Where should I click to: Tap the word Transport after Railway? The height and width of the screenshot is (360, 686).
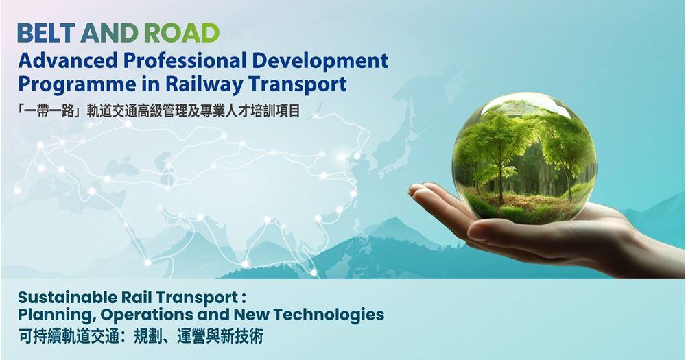(298, 85)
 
